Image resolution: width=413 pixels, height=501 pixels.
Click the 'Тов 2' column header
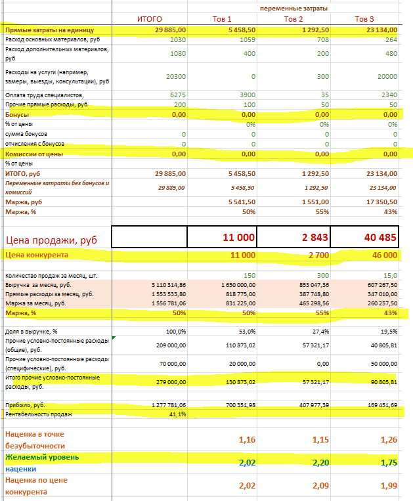293,19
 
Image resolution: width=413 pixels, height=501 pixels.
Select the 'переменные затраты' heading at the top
293,8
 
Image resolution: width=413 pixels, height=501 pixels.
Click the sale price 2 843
309,237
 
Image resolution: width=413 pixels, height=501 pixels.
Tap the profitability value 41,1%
176,414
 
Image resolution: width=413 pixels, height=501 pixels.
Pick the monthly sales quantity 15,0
387,276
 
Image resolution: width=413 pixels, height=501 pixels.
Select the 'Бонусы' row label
17,114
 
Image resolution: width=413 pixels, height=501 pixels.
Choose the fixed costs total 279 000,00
168,381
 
